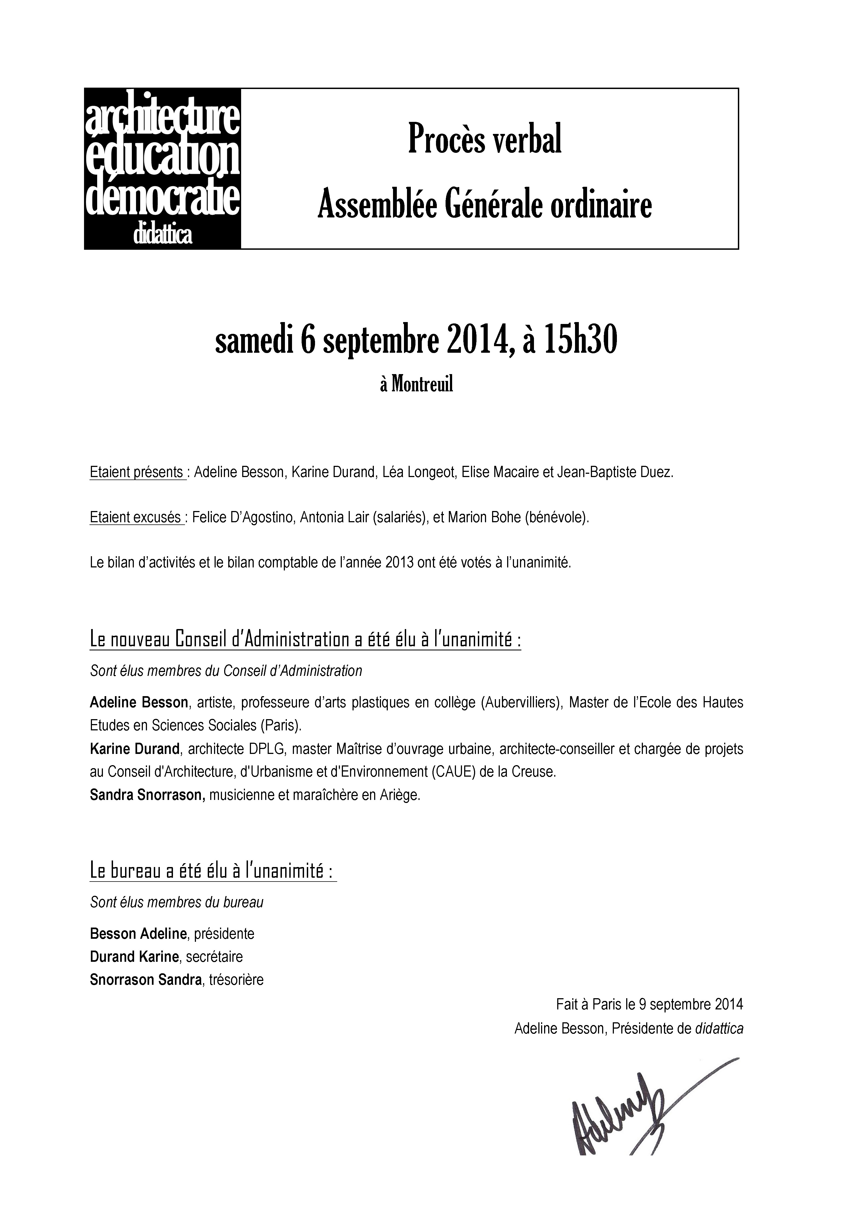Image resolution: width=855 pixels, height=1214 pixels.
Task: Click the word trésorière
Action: click(x=236, y=980)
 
